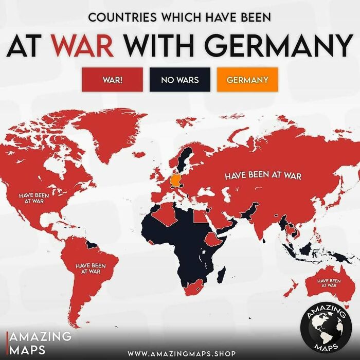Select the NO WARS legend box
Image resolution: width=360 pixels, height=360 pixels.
[x=179, y=80]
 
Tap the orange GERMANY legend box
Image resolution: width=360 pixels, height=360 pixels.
[x=247, y=80]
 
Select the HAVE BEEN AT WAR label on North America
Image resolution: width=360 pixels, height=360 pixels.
[x=34, y=198]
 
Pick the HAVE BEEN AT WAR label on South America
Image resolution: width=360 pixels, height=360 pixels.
[x=90, y=268]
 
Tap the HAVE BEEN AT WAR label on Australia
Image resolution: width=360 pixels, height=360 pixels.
[x=329, y=282]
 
